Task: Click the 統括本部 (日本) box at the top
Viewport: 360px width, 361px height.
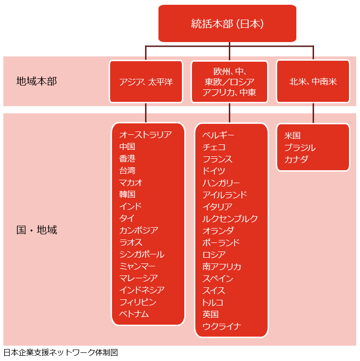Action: point(227,23)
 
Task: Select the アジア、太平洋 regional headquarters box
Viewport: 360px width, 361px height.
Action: point(146,82)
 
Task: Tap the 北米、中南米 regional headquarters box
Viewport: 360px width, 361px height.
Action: point(313,82)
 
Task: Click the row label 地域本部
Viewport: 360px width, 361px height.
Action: point(36,81)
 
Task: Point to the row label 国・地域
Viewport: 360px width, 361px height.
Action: point(36,230)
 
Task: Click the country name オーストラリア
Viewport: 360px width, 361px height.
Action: point(145,135)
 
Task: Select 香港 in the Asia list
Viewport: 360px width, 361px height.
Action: point(127,159)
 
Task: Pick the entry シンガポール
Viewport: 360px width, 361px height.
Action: point(141,254)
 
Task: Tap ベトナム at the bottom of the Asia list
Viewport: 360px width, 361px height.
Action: point(134,314)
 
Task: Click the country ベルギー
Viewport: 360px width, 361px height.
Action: point(218,135)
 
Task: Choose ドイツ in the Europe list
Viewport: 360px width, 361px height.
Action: point(214,171)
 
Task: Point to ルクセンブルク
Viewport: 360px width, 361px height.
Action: point(230,219)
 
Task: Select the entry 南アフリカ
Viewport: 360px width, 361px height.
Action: point(222,267)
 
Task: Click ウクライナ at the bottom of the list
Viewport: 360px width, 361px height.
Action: point(222,327)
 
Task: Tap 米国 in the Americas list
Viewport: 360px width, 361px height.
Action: point(292,136)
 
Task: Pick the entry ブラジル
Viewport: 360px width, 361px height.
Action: point(300,148)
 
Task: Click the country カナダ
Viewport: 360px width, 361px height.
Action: point(296,160)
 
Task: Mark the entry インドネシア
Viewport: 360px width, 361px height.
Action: point(142,290)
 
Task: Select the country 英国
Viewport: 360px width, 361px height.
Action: point(211,315)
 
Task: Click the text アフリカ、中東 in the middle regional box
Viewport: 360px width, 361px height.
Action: point(229,92)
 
